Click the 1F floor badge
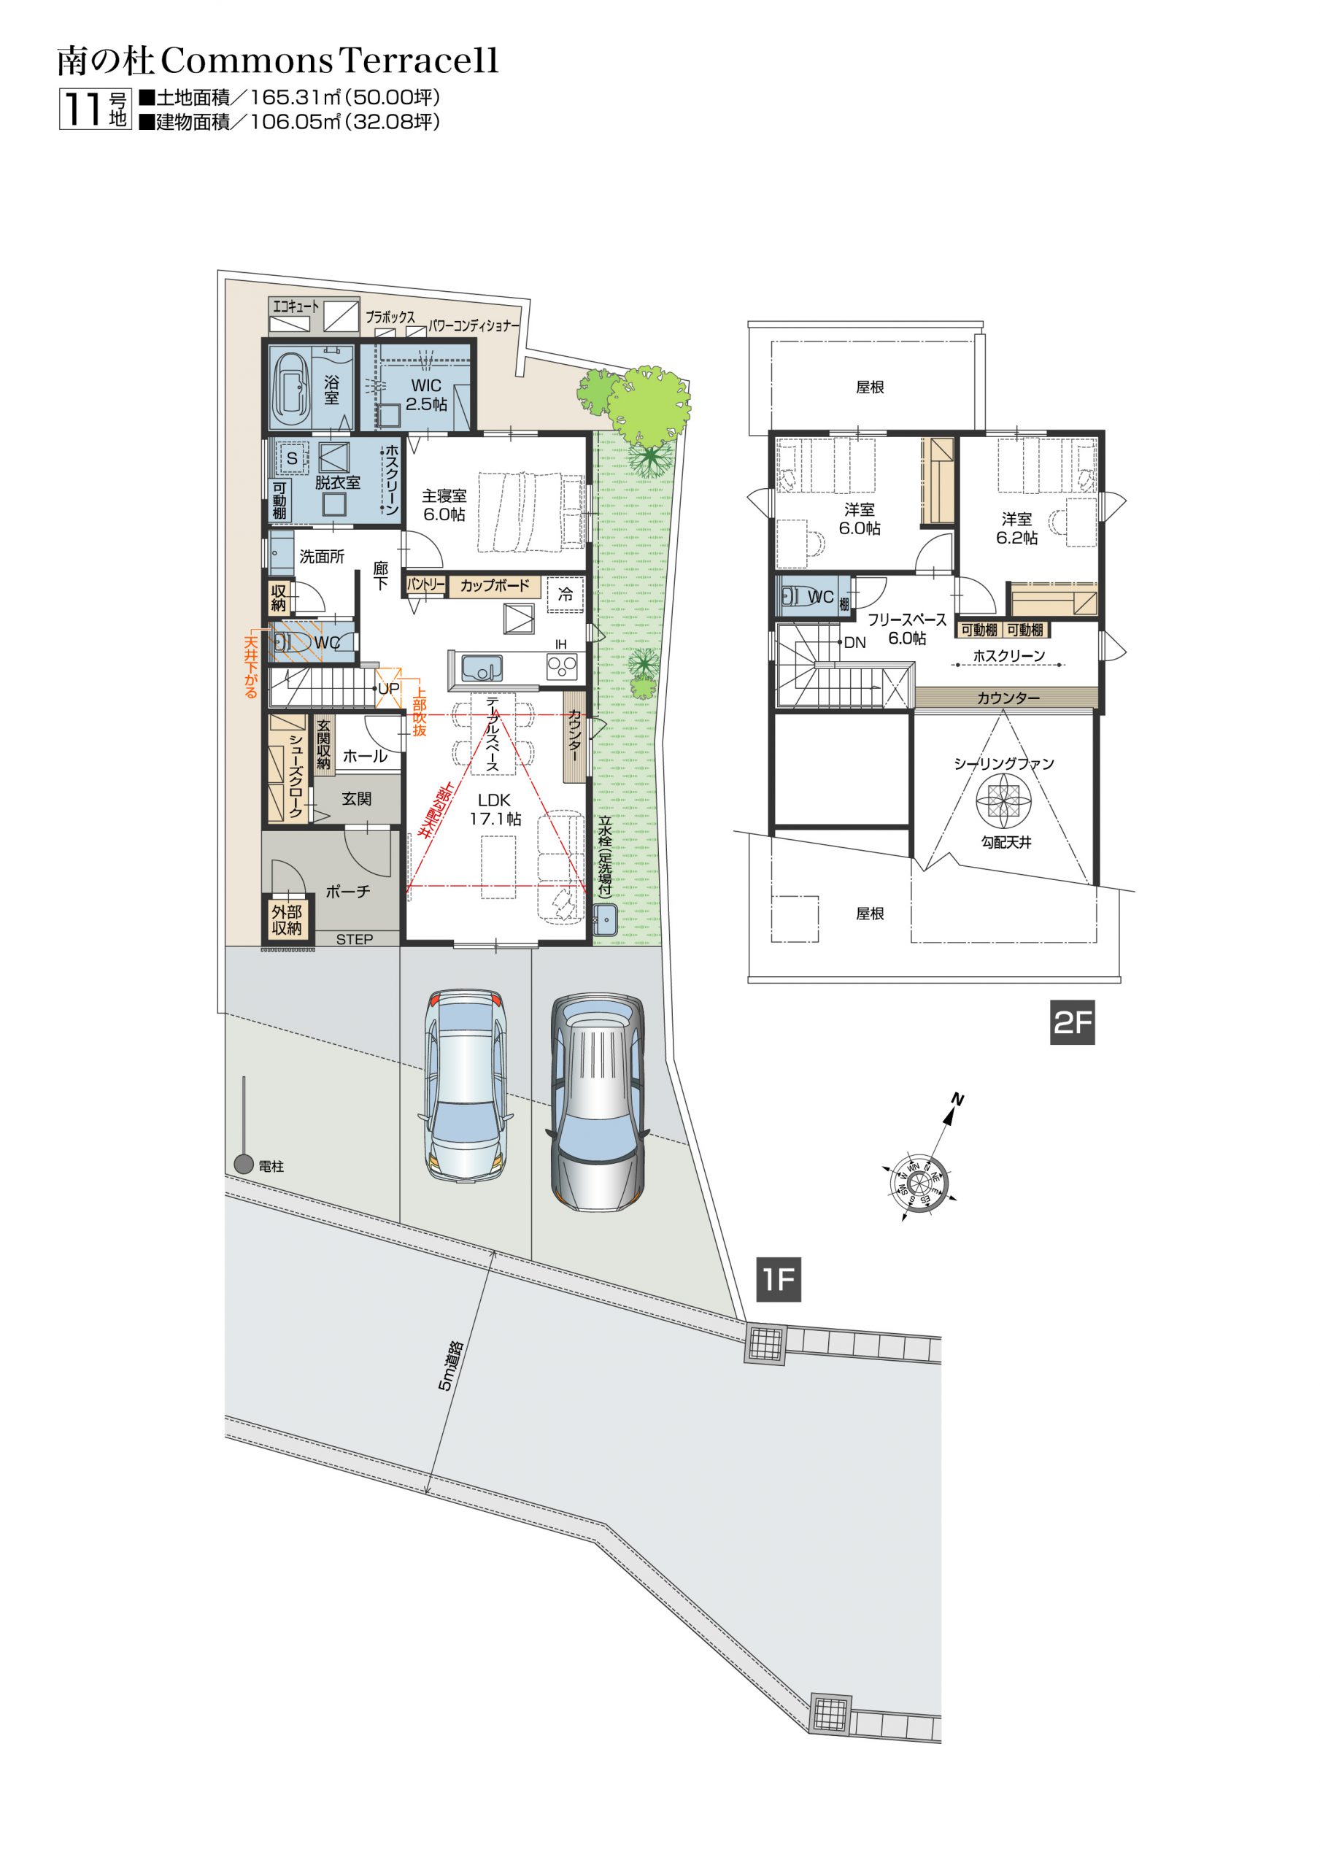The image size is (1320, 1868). coord(778,1279)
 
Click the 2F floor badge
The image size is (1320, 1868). coord(1072,1022)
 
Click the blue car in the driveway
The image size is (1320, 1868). coord(465,1085)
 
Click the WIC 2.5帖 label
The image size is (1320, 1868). coord(425,395)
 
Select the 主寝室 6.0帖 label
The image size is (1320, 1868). coord(444,505)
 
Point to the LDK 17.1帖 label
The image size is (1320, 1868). coord(494,809)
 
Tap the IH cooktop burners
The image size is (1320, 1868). coord(562,666)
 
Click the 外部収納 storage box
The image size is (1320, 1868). coord(287,920)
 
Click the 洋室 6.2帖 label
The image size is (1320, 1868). coord(1016,528)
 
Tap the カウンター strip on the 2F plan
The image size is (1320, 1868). coord(1007,698)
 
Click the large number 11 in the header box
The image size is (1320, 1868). coord(83,109)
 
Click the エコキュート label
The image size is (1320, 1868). coord(296,306)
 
